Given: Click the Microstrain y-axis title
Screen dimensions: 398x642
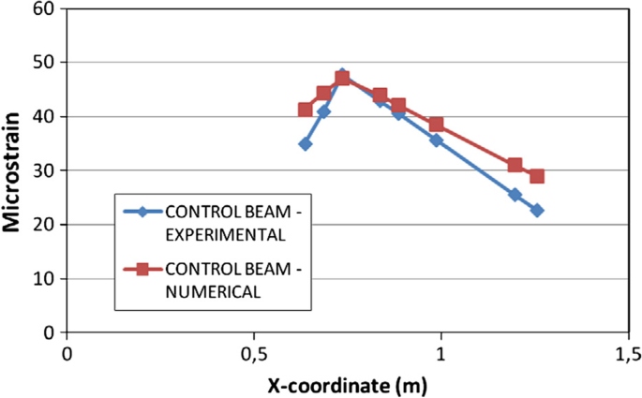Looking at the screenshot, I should tap(13, 170).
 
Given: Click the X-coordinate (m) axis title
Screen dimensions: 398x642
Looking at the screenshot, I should tap(347, 383).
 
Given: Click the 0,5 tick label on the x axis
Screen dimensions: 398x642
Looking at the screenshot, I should tap(253, 353).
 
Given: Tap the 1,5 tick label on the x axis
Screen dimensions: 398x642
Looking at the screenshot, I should tap(628, 353).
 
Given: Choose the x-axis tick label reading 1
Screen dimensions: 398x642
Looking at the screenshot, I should tap(440, 353).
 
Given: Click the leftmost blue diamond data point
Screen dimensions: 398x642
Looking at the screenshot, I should tap(306, 144).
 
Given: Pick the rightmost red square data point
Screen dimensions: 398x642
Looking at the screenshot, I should tap(537, 176).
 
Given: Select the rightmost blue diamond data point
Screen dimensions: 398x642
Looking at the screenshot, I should tap(537, 211).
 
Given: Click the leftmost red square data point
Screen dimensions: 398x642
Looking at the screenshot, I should tap(306, 110).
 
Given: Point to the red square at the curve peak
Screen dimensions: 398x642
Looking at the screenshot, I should tap(343, 78).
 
